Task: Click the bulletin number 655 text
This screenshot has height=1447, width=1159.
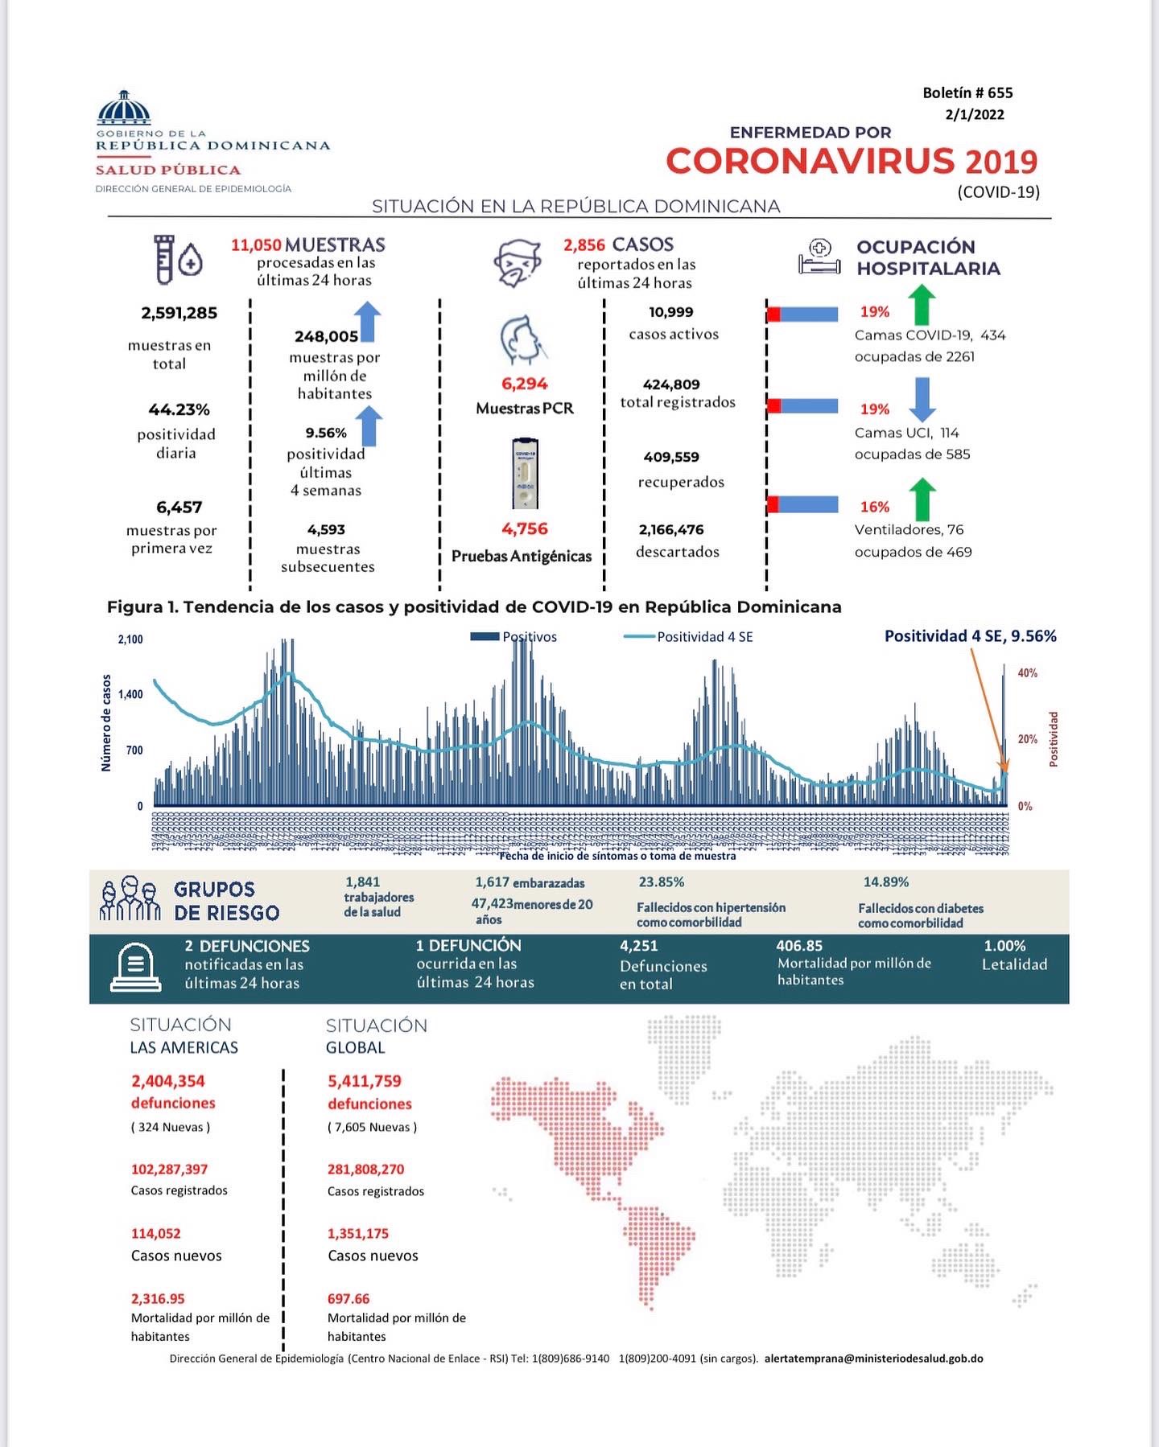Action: pyautogui.click(x=967, y=93)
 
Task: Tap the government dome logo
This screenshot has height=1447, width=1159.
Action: pyautogui.click(x=124, y=108)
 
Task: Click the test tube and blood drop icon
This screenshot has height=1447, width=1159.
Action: pyautogui.click(x=177, y=259)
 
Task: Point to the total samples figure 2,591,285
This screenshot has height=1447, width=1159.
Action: pyautogui.click(x=179, y=313)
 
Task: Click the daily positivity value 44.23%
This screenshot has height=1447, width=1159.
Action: pyautogui.click(x=179, y=410)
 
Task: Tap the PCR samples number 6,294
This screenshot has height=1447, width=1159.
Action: pyautogui.click(x=524, y=384)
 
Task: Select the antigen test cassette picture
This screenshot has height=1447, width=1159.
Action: pyautogui.click(x=525, y=474)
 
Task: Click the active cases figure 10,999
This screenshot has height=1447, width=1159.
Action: pyautogui.click(x=671, y=312)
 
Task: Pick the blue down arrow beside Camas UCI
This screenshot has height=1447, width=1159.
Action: pyautogui.click(x=922, y=399)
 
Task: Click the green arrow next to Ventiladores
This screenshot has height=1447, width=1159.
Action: pyautogui.click(x=922, y=499)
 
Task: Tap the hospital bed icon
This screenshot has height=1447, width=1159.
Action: pyautogui.click(x=819, y=257)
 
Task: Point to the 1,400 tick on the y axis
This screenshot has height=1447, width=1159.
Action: pyautogui.click(x=130, y=695)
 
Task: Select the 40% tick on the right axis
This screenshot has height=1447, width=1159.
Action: pyautogui.click(x=1027, y=673)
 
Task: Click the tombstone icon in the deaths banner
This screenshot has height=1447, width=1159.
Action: pyautogui.click(x=135, y=968)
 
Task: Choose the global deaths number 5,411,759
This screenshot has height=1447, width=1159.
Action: pyautogui.click(x=364, y=1081)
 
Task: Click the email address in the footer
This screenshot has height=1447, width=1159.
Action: pyautogui.click(x=873, y=1359)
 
